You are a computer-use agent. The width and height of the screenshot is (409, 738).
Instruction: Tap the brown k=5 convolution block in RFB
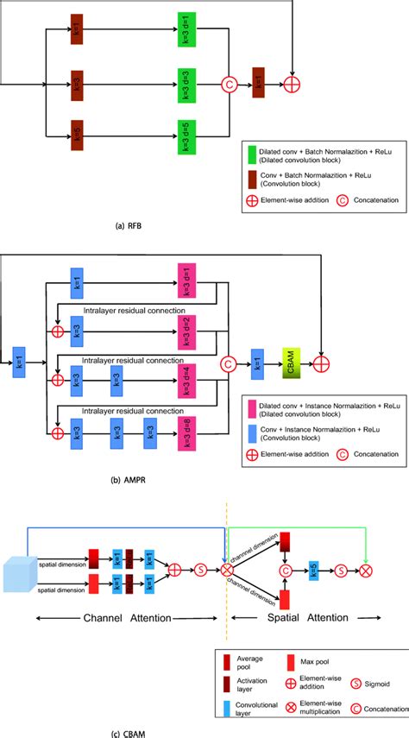[x=76, y=134]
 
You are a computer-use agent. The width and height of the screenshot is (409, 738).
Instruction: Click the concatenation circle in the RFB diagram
[x=230, y=85]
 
